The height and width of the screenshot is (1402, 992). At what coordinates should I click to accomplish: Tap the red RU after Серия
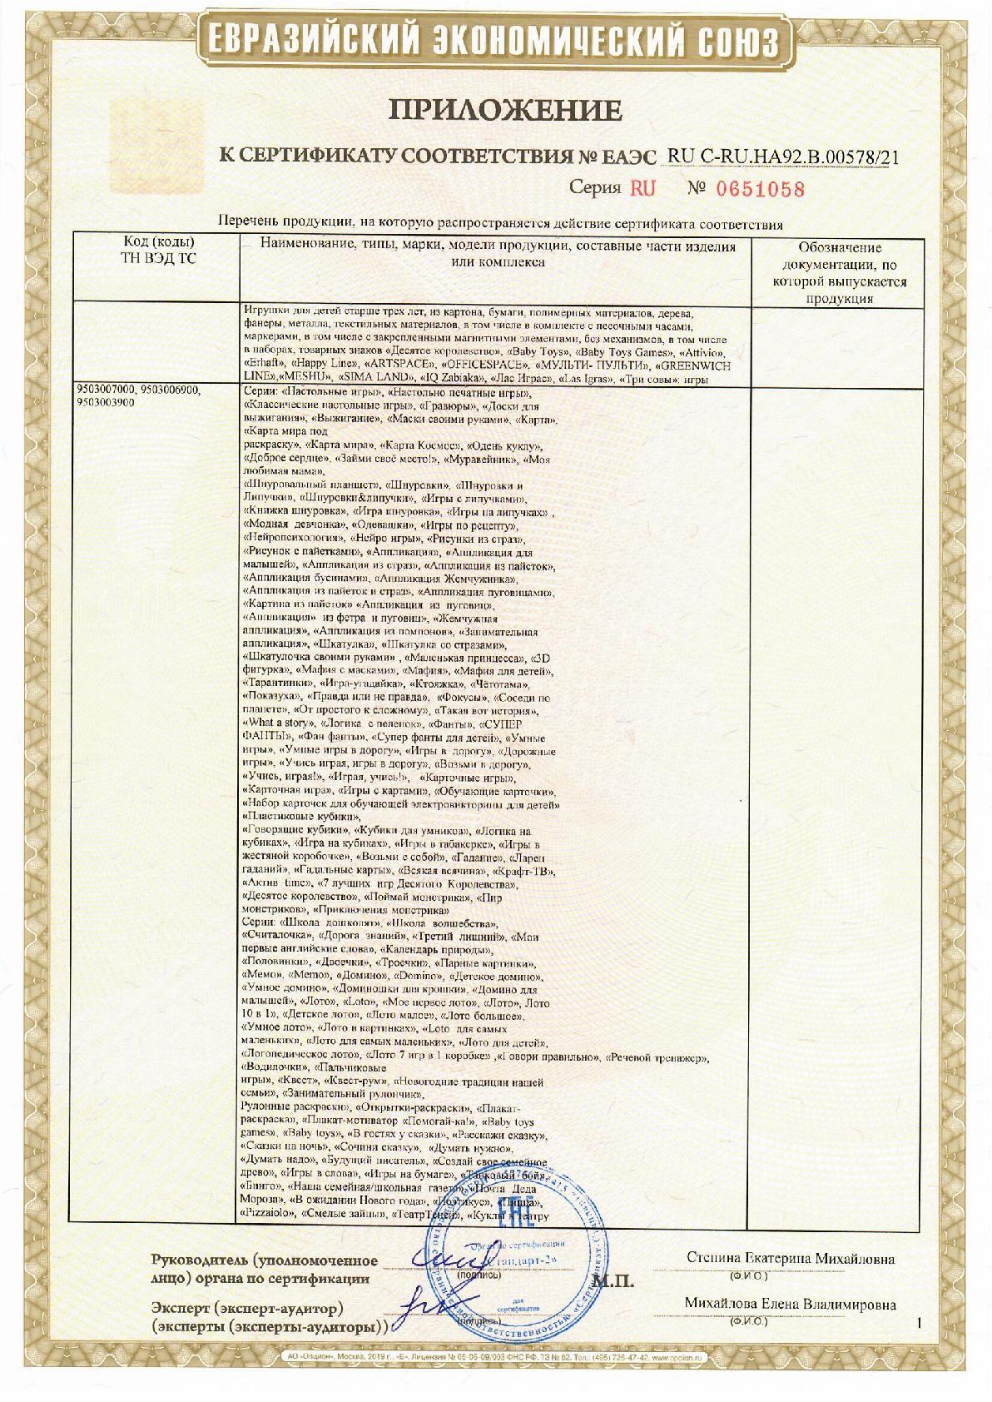point(642,188)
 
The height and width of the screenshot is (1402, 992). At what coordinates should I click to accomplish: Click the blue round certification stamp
point(533,1257)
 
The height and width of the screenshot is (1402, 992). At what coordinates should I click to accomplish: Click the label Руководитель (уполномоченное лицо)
point(265,1261)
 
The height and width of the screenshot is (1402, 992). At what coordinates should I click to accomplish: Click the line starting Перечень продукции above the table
point(500,223)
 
